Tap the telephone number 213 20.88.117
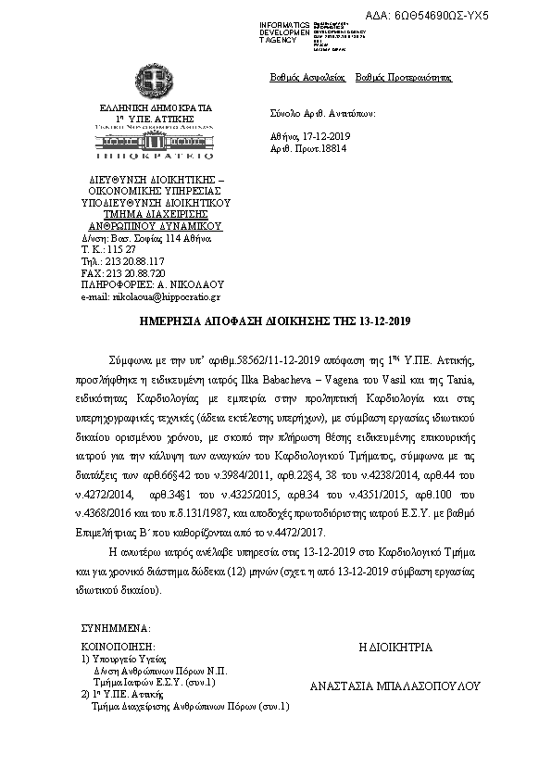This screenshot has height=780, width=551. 136,262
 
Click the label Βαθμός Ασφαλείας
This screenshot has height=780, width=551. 294,78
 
